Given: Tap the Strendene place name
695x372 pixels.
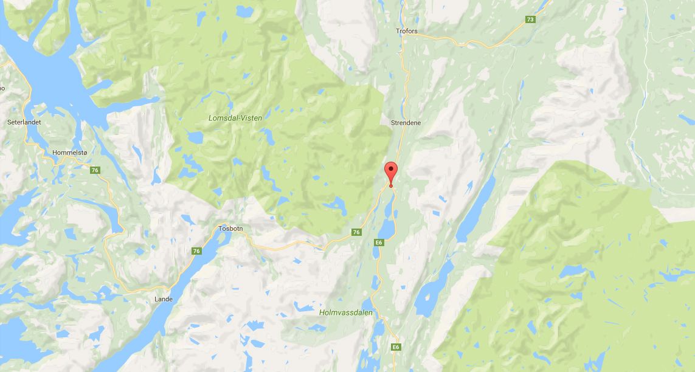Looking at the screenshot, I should [406, 123].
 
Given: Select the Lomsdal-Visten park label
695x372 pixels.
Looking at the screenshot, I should [235, 118].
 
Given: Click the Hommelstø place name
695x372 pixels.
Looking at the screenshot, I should [66, 153].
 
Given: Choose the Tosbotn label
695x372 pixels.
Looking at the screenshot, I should [231, 229].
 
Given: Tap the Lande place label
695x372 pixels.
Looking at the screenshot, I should [164, 299].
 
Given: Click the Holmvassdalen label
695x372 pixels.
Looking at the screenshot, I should [345, 312].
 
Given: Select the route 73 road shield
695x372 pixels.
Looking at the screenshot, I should [530, 19].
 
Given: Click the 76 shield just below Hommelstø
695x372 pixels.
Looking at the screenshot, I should [95, 170].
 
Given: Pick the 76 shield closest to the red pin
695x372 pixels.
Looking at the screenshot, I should [356, 232].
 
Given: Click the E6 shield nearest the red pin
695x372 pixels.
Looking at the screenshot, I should [379, 243].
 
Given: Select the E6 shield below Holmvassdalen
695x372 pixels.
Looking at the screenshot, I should [396, 346].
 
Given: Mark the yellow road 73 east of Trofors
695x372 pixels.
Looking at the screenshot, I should [486, 41].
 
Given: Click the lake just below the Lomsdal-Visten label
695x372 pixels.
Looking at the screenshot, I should [196, 139].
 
